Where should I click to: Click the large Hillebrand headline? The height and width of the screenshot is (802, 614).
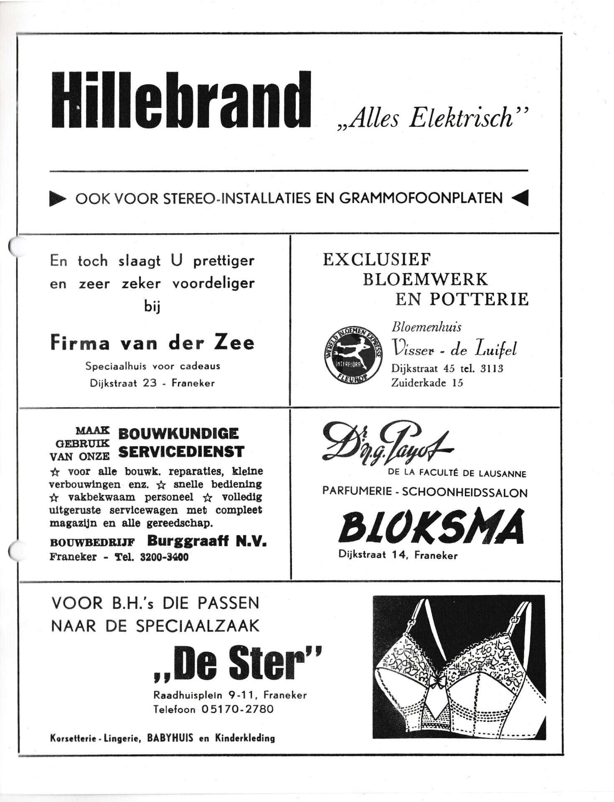(181, 100)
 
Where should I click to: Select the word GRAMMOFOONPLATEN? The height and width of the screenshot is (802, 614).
(421, 198)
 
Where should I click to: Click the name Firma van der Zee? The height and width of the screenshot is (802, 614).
(152, 343)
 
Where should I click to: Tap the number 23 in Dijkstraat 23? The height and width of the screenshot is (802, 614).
(150, 383)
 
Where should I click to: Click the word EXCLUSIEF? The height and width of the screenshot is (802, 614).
(376, 260)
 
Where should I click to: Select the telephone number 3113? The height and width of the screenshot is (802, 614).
(492, 368)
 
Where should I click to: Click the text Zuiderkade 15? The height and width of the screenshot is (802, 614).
(427, 383)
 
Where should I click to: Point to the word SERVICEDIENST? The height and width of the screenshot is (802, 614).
(181, 452)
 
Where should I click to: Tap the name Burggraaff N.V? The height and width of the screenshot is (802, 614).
(207, 541)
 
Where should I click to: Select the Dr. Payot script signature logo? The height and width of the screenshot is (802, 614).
(386, 446)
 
